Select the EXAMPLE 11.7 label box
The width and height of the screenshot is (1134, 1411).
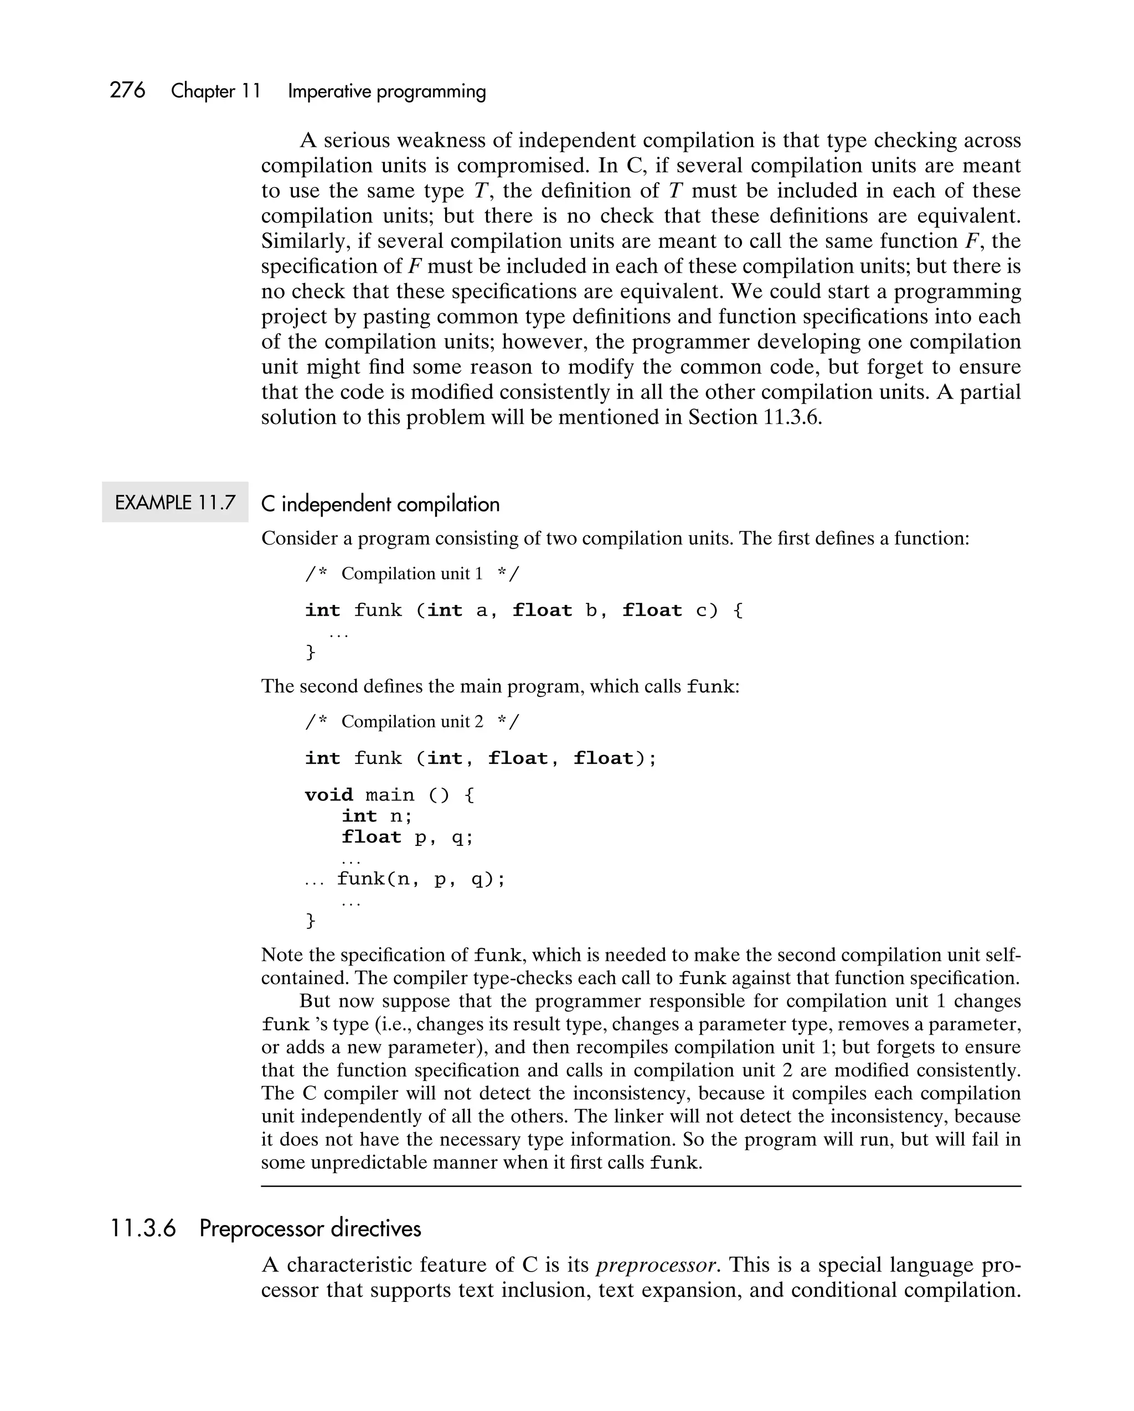[x=175, y=503]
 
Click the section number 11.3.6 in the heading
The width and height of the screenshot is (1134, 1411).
[x=143, y=1228]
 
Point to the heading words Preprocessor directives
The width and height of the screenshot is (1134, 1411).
[x=310, y=1228]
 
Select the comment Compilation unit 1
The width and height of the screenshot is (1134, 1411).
[x=412, y=574]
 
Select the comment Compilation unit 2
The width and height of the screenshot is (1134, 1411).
[x=412, y=722]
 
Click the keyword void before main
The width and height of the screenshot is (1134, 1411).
[x=329, y=795]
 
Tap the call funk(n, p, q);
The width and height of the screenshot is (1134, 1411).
[x=421, y=879]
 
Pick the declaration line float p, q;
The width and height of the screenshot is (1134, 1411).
[x=406, y=837]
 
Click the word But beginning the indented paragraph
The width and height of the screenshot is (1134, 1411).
[x=315, y=1001]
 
